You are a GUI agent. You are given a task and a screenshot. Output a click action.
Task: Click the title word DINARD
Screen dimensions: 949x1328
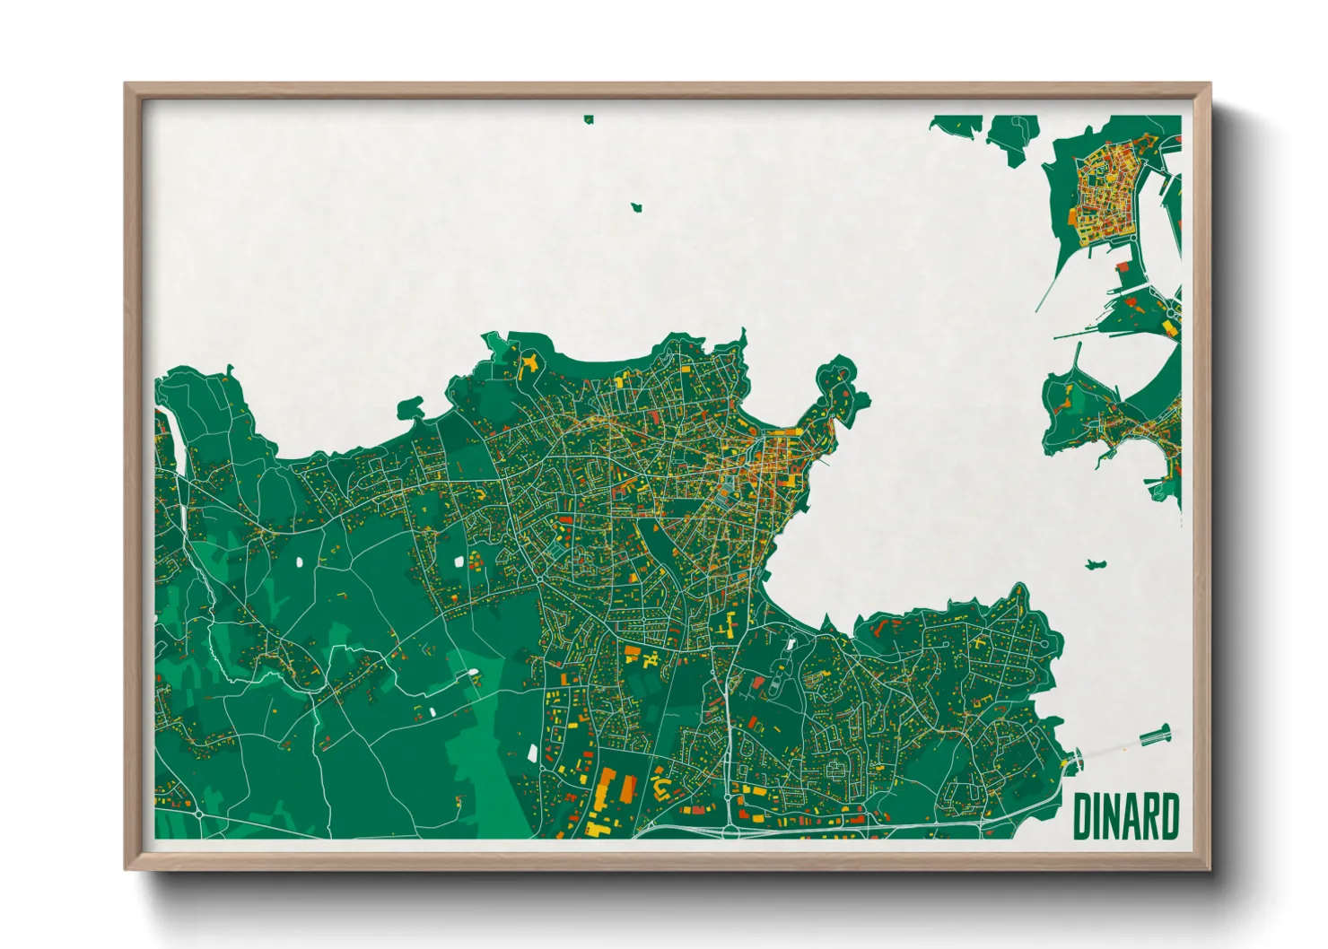click(x=1125, y=815)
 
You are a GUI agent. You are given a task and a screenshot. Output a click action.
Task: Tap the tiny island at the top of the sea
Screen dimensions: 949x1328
click(x=589, y=118)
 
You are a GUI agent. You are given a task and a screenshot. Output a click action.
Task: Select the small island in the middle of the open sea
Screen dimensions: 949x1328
click(x=637, y=207)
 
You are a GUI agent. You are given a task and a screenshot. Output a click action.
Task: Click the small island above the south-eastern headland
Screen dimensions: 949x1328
click(x=1093, y=564)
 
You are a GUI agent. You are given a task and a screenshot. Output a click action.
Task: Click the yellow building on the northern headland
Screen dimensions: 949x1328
click(x=529, y=363)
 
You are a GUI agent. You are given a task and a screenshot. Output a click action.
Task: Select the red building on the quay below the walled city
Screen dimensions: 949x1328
click(x=1123, y=266)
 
